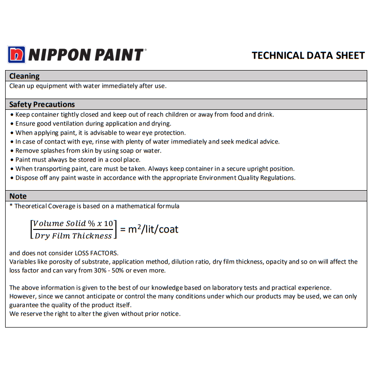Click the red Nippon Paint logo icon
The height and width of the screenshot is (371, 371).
[16, 55]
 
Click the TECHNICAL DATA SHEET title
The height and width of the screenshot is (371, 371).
[308, 55]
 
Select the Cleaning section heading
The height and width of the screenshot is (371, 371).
[24, 76]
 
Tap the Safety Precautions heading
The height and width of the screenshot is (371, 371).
[42, 104]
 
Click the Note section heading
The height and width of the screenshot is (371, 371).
[18, 196]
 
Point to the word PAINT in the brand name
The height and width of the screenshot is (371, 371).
[119, 55]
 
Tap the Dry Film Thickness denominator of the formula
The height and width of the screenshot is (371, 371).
[73, 235]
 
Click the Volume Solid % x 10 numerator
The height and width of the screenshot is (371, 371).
[73, 223]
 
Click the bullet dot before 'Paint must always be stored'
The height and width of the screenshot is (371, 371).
[12, 160]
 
